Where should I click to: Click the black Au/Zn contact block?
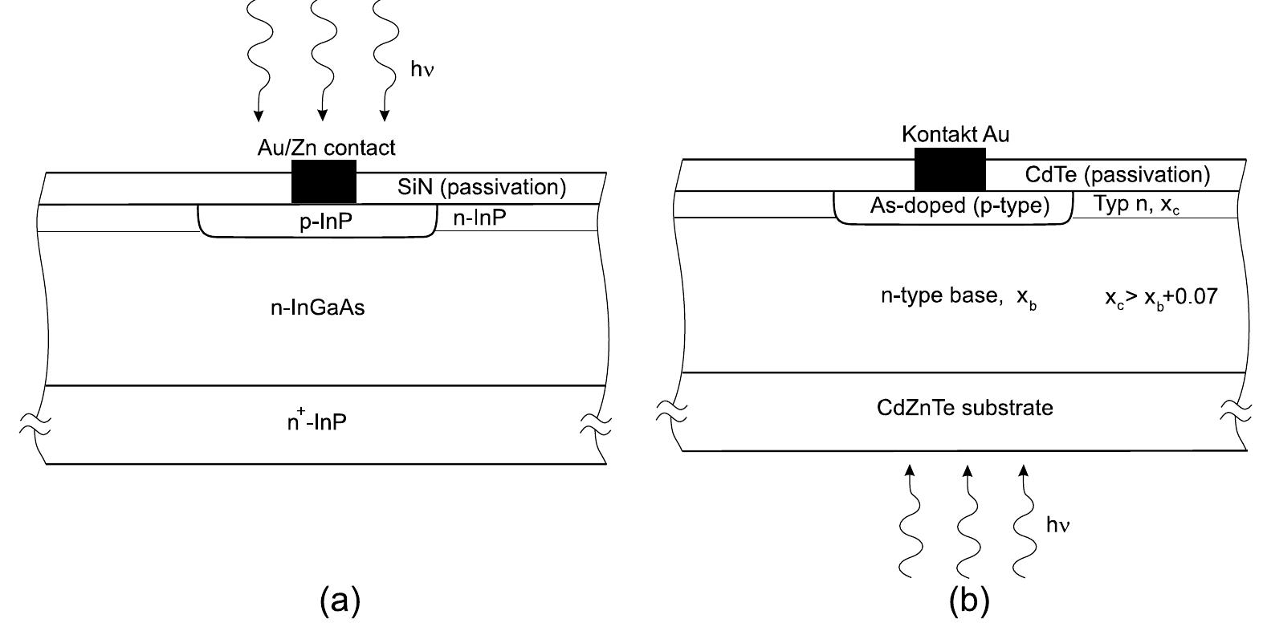pyautogui.click(x=324, y=181)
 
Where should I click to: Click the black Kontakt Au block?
pyautogui.click(x=950, y=169)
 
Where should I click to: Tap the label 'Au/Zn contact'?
pyautogui.click(x=326, y=148)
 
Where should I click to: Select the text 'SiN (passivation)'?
pyautogui.click(x=481, y=188)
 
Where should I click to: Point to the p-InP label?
pyautogui.click(x=325, y=222)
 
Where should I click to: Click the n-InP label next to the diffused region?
pyautogui.click(x=479, y=218)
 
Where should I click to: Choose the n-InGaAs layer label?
pyautogui.click(x=317, y=307)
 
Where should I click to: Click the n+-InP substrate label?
pyautogui.click(x=317, y=421)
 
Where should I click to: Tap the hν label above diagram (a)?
pyautogui.click(x=422, y=70)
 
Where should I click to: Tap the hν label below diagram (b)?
pyautogui.click(x=1057, y=525)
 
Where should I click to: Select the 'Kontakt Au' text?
pyautogui.click(x=955, y=134)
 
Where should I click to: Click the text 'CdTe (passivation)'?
pyautogui.click(x=1117, y=174)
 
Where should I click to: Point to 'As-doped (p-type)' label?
pyautogui.click(x=959, y=206)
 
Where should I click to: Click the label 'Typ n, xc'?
pyautogui.click(x=1136, y=205)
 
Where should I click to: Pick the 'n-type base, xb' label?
pyautogui.click(x=958, y=297)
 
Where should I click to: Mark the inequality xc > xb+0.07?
pyautogui.click(x=1161, y=297)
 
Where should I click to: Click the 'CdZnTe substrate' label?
pyautogui.click(x=964, y=408)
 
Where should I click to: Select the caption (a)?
pyautogui.click(x=340, y=599)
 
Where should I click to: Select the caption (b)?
pyautogui.click(x=969, y=599)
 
